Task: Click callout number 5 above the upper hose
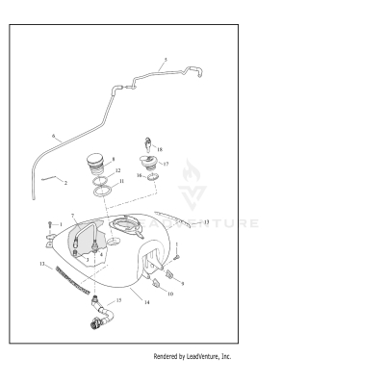coord(165,60)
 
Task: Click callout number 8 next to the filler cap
coord(114,158)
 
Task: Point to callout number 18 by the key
coord(159,150)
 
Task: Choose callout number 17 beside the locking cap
coord(166,164)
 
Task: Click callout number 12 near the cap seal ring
coord(118,170)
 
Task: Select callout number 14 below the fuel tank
coord(146,302)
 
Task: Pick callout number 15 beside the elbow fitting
coord(119,301)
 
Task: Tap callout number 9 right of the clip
coord(182,284)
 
